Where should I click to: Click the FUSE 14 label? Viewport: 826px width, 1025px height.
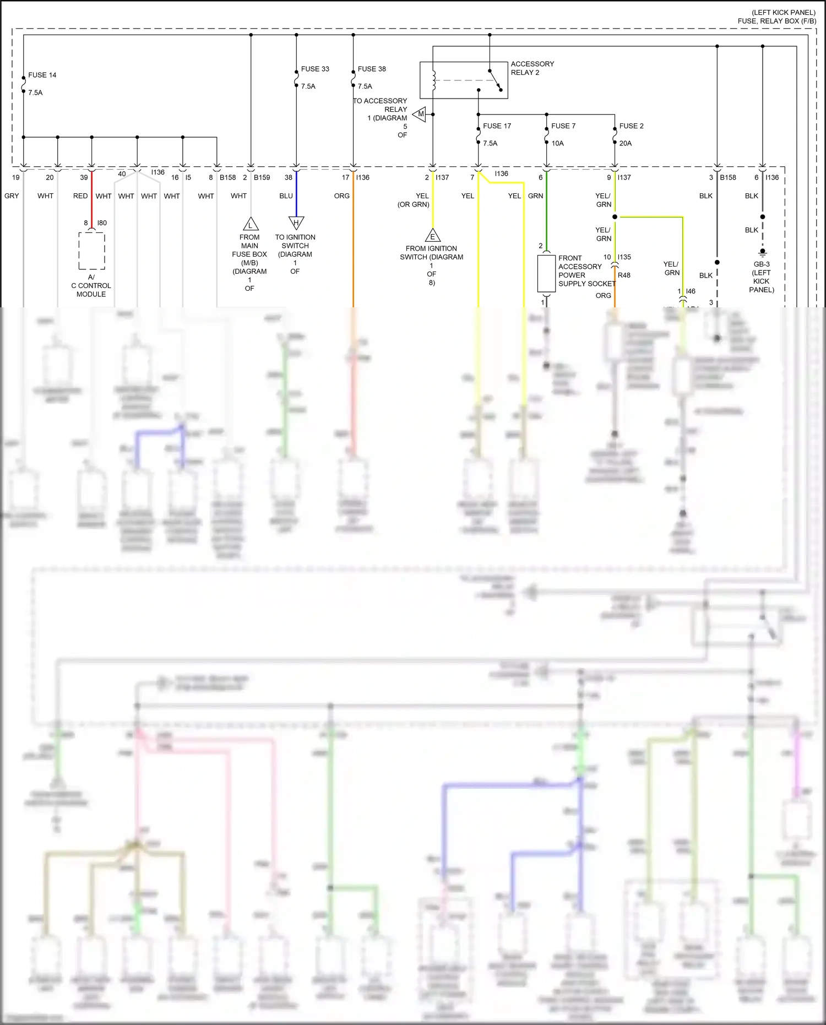(x=42, y=75)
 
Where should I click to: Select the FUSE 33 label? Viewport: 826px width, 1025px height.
(x=315, y=69)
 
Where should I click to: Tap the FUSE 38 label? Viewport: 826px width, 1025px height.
(x=372, y=69)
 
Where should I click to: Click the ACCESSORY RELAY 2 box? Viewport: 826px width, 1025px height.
(x=464, y=80)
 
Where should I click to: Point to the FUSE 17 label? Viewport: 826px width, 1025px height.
(x=497, y=126)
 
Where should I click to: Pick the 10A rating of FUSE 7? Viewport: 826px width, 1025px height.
(x=557, y=143)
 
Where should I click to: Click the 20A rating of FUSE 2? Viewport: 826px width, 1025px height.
(x=625, y=143)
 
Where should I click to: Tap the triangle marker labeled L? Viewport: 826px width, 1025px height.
(x=251, y=224)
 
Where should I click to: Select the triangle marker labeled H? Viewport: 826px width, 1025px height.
(x=296, y=223)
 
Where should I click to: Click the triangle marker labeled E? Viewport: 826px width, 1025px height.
(x=432, y=236)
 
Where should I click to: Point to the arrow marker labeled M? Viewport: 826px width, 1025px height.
(x=420, y=115)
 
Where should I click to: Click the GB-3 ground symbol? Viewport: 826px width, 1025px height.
(x=763, y=253)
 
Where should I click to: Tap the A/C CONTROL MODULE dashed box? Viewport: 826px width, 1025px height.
(x=91, y=251)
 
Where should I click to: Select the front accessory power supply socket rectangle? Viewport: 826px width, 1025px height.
(x=546, y=273)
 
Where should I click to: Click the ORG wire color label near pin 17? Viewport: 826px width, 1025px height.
(x=341, y=196)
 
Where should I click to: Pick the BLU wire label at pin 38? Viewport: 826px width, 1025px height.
(x=286, y=196)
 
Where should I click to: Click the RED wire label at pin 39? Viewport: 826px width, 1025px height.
(x=80, y=196)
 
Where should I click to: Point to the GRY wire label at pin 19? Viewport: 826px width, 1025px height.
(x=12, y=196)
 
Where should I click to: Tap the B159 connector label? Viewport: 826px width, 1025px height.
(x=262, y=177)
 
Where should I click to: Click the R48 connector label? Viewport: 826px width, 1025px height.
(x=624, y=275)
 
